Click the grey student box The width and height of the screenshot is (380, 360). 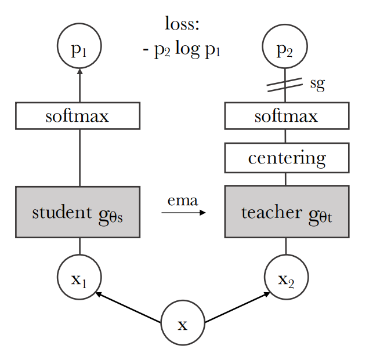(78, 212)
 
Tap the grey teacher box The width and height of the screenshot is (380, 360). (287, 212)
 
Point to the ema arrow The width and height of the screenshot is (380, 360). (183, 213)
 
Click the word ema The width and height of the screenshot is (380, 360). (183, 201)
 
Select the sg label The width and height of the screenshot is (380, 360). (317, 83)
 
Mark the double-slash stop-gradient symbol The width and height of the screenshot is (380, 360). (285, 85)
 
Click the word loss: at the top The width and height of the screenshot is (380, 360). (182, 24)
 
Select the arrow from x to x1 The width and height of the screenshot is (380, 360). (128, 307)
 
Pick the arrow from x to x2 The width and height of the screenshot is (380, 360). (237, 307)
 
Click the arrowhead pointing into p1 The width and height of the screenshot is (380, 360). (79, 72)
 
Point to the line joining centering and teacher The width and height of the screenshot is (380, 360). (286, 179)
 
